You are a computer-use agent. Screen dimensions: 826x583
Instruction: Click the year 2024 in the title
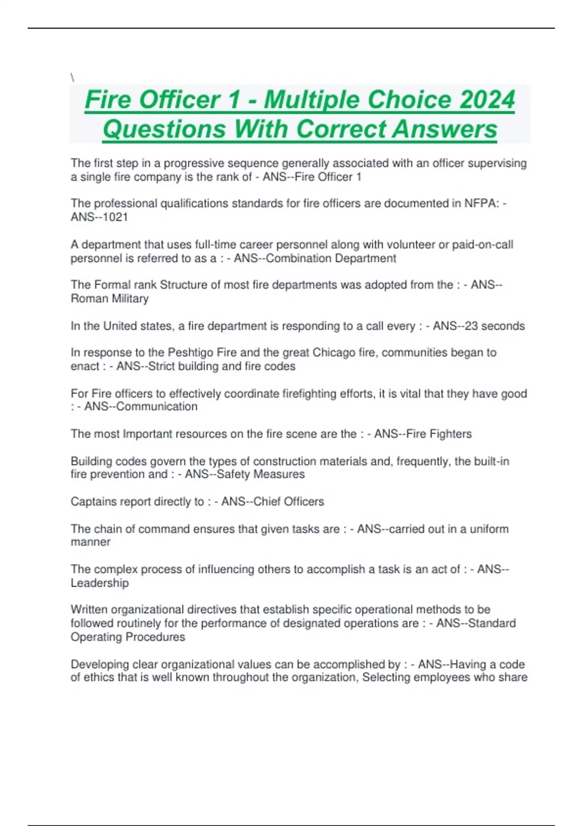tap(487, 100)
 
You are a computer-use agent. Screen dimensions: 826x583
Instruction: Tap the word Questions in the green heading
tap(164, 129)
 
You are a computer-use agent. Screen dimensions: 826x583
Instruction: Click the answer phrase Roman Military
tap(109, 299)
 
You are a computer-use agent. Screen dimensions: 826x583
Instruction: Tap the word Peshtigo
tap(194, 353)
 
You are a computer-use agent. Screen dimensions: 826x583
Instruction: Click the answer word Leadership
tap(100, 583)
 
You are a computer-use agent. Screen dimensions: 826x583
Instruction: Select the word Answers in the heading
tap(445, 129)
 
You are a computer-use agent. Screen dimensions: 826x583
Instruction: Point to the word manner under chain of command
tap(90, 542)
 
